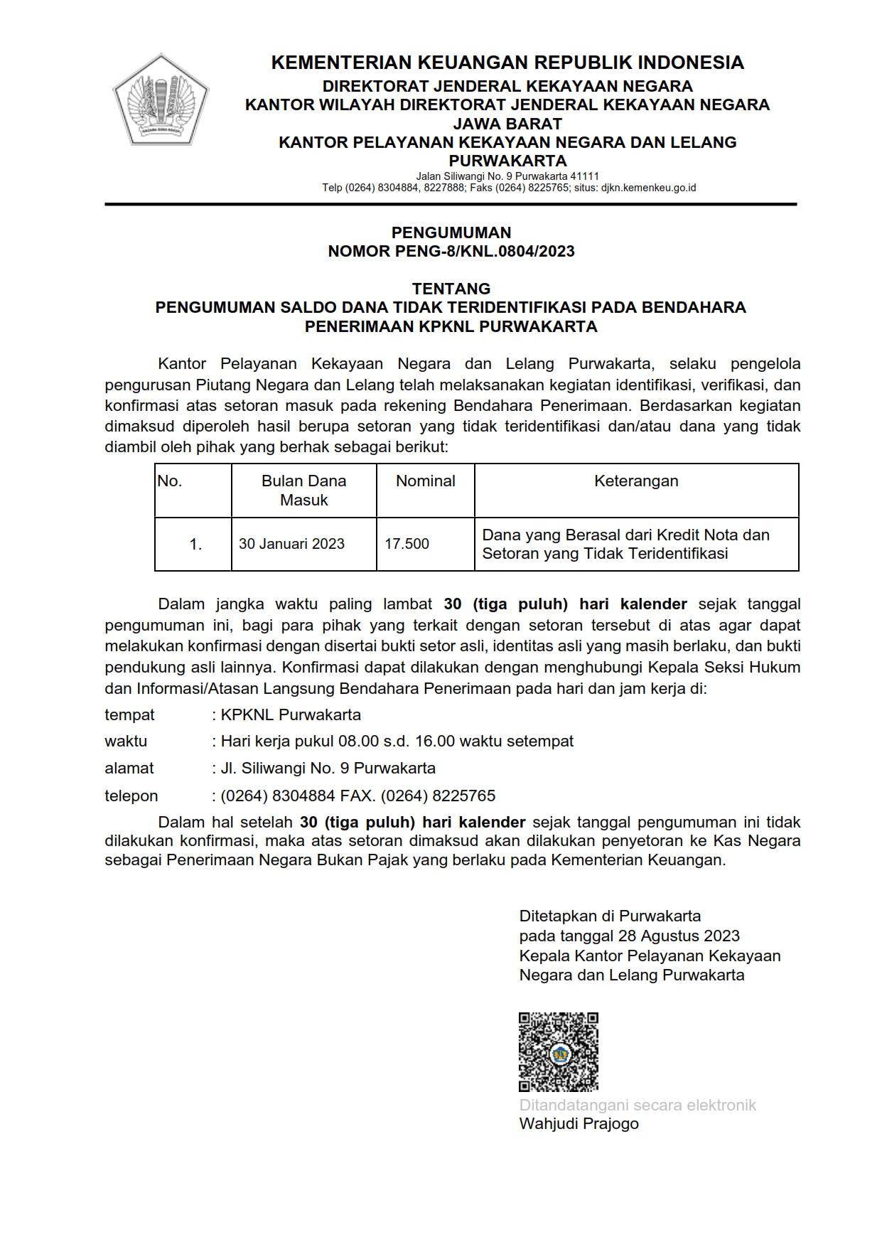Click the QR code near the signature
click(x=558, y=1052)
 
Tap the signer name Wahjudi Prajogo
click(x=579, y=1124)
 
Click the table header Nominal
click(x=425, y=481)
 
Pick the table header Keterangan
click(x=636, y=481)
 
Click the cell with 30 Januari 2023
click(x=291, y=544)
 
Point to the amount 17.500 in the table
click(x=407, y=544)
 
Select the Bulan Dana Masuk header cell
click(x=303, y=491)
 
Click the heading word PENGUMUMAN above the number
click(x=451, y=232)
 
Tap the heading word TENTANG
click(x=451, y=289)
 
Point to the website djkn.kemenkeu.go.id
click(x=648, y=188)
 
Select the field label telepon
click(x=131, y=796)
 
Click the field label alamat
click(x=129, y=769)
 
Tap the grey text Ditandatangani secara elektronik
click(x=638, y=1106)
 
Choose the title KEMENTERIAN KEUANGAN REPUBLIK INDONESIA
click(x=507, y=63)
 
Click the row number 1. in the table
click(x=195, y=545)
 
